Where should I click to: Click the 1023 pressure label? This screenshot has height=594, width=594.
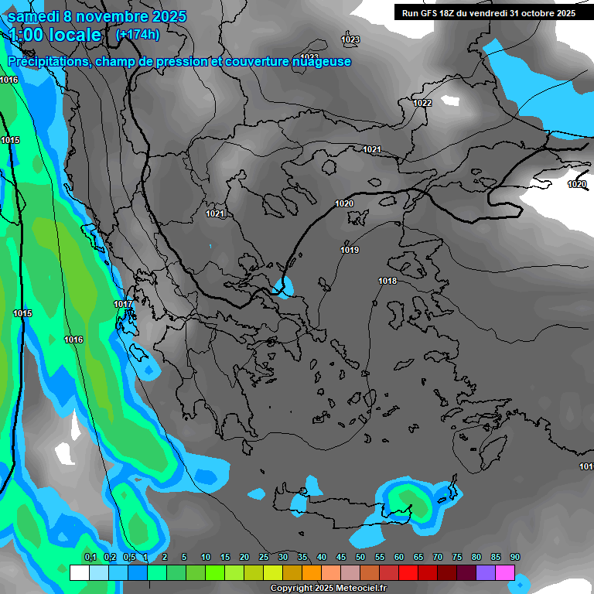tap(350, 39)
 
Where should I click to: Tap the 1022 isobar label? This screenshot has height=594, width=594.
tap(422, 103)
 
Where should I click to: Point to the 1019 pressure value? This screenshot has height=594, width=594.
tap(350, 250)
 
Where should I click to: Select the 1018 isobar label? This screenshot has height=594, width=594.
tap(387, 281)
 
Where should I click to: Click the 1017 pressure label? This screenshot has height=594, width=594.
tap(123, 304)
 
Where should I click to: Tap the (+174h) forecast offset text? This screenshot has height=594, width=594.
tap(137, 35)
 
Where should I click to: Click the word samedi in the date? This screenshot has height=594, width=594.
tap(39, 15)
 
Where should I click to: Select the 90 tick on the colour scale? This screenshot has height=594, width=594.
tap(515, 557)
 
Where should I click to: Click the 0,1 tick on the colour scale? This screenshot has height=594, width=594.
tap(90, 557)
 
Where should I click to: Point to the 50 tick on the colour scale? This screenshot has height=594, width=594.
tap(360, 557)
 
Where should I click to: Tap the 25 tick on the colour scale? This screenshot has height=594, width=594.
tap(264, 557)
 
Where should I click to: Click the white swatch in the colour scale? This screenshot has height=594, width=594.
tap(79, 572)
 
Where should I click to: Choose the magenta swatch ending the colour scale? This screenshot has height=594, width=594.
tap(505, 572)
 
